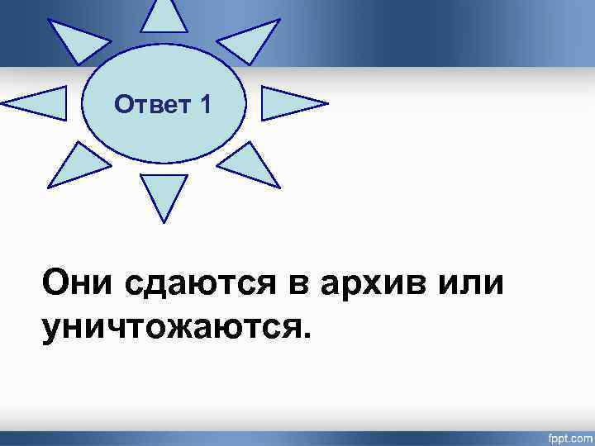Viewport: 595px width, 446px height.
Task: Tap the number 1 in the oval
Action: click(204, 105)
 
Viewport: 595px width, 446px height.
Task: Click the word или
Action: click(469, 283)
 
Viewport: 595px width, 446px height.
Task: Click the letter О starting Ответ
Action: click(122, 105)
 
